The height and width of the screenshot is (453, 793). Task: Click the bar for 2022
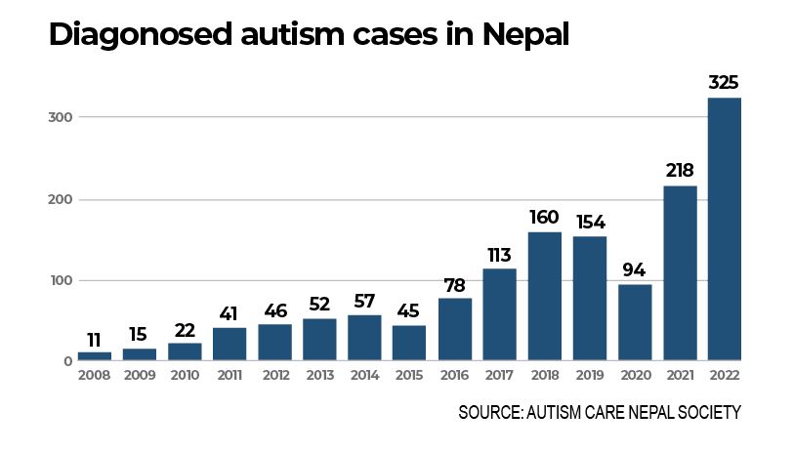724,229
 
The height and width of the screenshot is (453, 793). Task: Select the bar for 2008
95,356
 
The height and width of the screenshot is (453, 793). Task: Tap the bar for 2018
544,297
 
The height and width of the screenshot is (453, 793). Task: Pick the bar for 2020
634,323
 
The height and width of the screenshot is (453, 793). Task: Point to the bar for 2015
409,343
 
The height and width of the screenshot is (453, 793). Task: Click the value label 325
724,82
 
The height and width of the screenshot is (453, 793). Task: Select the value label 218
679,170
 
